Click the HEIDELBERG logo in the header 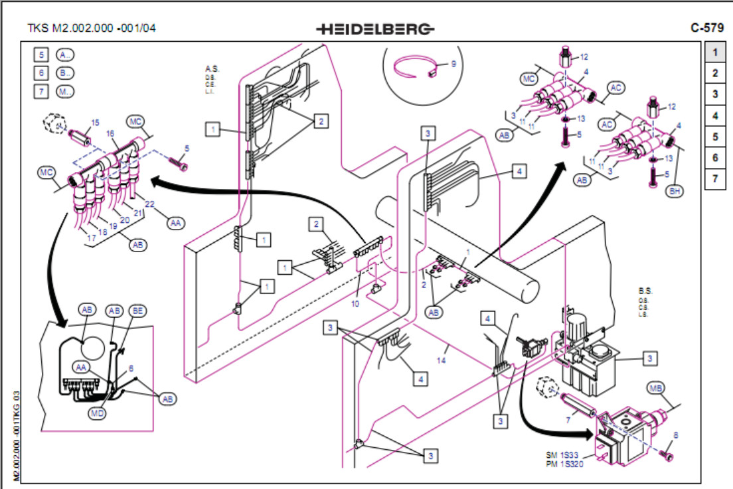pyautogui.click(x=375, y=29)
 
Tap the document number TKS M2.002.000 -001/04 pyautogui.click(x=92, y=29)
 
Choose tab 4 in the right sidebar pyautogui.click(x=714, y=115)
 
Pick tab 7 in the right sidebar pyautogui.click(x=714, y=179)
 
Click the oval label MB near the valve pyautogui.click(x=656, y=387)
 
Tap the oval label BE pyautogui.click(x=137, y=311)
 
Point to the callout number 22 pyautogui.click(x=151, y=204)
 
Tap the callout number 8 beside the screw pyautogui.click(x=676, y=435)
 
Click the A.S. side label pyautogui.click(x=212, y=69)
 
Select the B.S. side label pyautogui.click(x=645, y=291)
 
